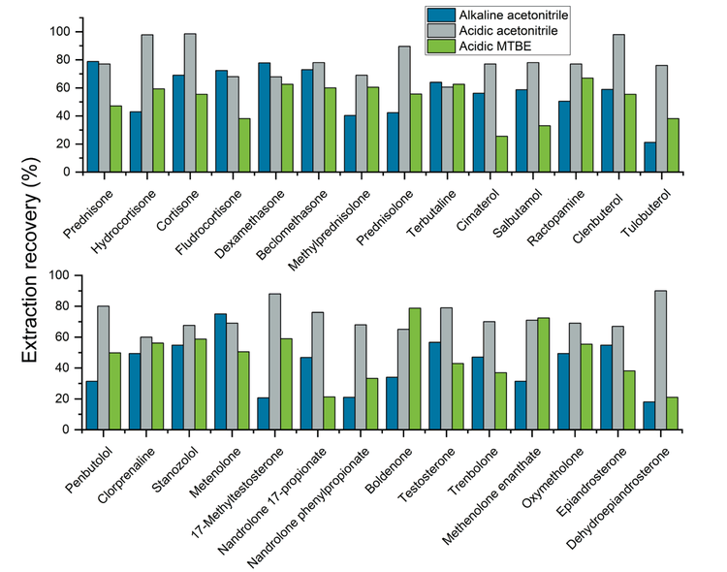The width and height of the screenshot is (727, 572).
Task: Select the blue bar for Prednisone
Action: (93, 116)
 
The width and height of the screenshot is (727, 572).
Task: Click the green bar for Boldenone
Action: (415, 368)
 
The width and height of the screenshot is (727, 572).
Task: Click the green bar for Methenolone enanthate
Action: (542, 373)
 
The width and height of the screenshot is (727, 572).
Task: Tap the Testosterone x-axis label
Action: (425, 464)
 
